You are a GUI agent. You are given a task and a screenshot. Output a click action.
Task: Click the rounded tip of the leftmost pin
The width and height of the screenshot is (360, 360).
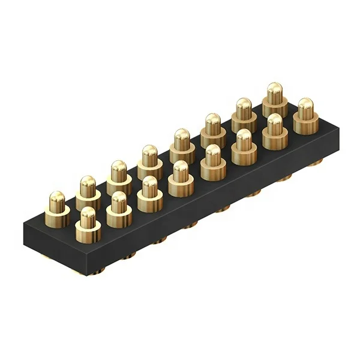point(57,196)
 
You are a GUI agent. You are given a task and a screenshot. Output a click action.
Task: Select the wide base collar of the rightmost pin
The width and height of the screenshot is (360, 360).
point(305,127)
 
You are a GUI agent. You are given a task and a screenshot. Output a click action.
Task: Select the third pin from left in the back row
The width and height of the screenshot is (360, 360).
point(119,178)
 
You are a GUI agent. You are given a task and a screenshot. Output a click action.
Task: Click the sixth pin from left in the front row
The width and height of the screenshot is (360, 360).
point(244,147)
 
